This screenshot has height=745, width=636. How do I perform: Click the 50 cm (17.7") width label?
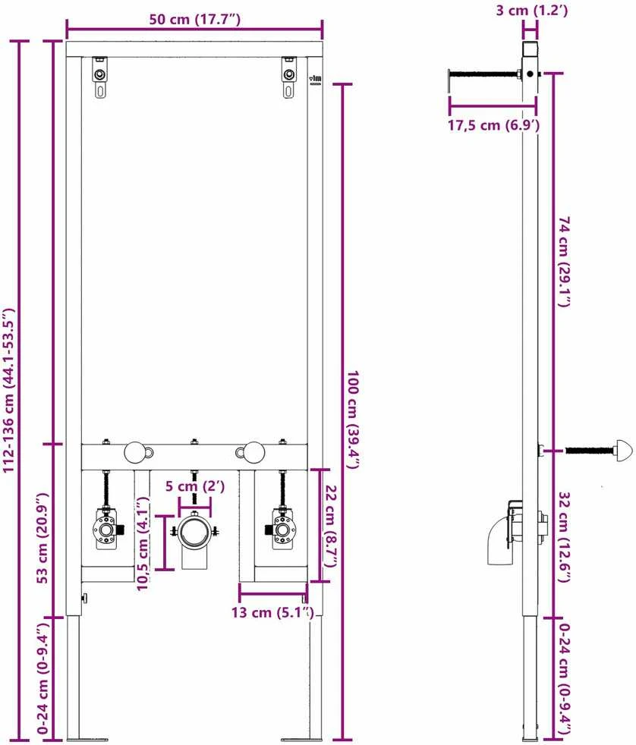tap(194, 20)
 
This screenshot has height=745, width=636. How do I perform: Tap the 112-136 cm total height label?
tap(9, 390)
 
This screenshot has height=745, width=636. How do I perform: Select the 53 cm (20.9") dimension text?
tap(43, 538)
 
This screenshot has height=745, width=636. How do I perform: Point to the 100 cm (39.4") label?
tap(353, 420)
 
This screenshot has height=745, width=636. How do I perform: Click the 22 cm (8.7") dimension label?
tap(330, 526)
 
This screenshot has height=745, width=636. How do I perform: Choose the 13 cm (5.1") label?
tap(272, 612)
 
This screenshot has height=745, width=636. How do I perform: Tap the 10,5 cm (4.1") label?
tap(143, 543)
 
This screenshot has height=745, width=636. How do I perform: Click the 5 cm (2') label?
tap(195, 486)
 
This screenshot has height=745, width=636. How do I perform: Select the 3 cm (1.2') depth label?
tap(532, 10)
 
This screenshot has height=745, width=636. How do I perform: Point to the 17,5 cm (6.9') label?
tap(494, 125)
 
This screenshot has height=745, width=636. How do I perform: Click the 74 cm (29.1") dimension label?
tap(563, 262)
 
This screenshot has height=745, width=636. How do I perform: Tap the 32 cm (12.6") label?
tap(564, 537)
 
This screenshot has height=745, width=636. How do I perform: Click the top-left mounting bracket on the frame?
tap(100, 77)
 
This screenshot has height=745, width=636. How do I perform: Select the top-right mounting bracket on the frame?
tap(289, 77)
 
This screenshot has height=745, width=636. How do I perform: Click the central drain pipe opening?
tap(194, 531)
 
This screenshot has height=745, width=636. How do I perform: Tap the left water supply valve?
tap(107, 528)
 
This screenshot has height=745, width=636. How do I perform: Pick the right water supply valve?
tap(282, 528)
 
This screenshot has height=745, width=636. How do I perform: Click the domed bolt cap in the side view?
tap(623, 449)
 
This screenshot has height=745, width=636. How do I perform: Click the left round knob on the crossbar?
tap(135, 452)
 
